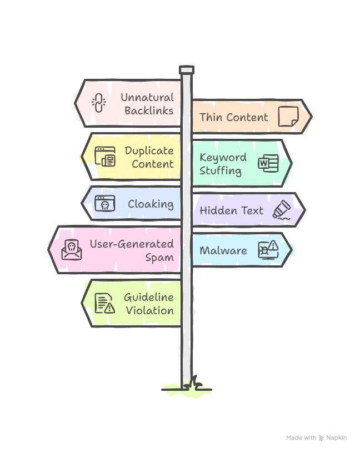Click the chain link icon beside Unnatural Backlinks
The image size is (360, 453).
pos(98,103)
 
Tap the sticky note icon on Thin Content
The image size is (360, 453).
pos(288,117)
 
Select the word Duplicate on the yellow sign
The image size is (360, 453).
pos(149,150)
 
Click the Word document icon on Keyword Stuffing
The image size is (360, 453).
pos(268,163)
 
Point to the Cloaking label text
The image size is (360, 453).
pos(151,204)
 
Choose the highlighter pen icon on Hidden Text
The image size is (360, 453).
pos(282,210)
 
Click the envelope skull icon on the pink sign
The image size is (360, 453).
pos(72,250)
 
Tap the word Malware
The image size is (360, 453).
pos(223,250)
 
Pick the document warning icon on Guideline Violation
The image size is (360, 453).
pos(104,303)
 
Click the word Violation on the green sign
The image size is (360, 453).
pos(149,310)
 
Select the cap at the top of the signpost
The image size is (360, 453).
pos(187,69)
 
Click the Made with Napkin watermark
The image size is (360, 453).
pos(317,438)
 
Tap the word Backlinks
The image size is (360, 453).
pos(148,110)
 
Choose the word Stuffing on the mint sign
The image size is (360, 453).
pos(221,170)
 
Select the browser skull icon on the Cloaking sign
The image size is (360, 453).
pos(104,204)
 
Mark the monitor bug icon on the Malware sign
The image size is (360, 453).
pos(268,250)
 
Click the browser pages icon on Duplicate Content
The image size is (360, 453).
pos(104,157)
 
